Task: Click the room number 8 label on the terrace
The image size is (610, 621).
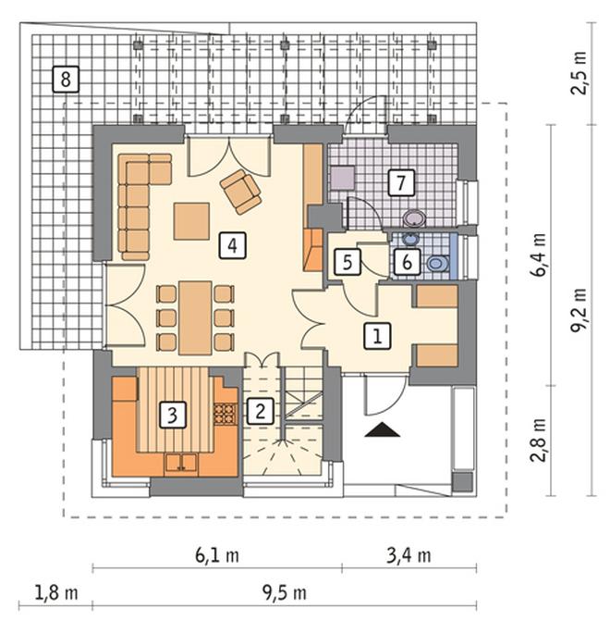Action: pyautogui.click(x=66, y=80)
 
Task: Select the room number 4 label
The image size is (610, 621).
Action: pyautogui.click(x=233, y=245)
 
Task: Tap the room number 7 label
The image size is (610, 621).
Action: pyautogui.click(x=401, y=182)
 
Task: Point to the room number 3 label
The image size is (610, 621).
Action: pyautogui.click(x=173, y=415)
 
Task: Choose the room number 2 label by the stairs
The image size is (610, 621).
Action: pyautogui.click(x=260, y=411)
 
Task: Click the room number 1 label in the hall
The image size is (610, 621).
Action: pyautogui.click(x=377, y=336)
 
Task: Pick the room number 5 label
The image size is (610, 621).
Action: pyautogui.click(x=348, y=262)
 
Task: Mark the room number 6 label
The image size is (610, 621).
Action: pyautogui.click(x=407, y=262)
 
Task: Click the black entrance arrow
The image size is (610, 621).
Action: pyautogui.click(x=382, y=429)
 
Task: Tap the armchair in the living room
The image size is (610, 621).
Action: pyautogui.click(x=241, y=192)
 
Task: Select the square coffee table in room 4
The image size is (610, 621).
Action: pyautogui.click(x=191, y=221)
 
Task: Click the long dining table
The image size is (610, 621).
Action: pyautogui.click(x=195, y=318)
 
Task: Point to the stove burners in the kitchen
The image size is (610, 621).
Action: pyautogui.click(x=226, y=415)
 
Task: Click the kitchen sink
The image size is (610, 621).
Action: pyautogui.click(x=181, y=462)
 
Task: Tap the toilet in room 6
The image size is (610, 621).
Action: pyautogui.click(x=437, y=264)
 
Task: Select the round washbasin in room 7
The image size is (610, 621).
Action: pyautogui.click(x=414, y=218)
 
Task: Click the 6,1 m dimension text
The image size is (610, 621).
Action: pyautogui.click(x=217, y=556)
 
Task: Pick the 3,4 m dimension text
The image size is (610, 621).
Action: pyautogui.click(x=409, y=556)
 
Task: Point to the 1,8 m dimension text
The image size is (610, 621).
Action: pyautogui.click(x=56, y=593)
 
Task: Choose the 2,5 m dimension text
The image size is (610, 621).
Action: pyautogui.click(x=579, y=73)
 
